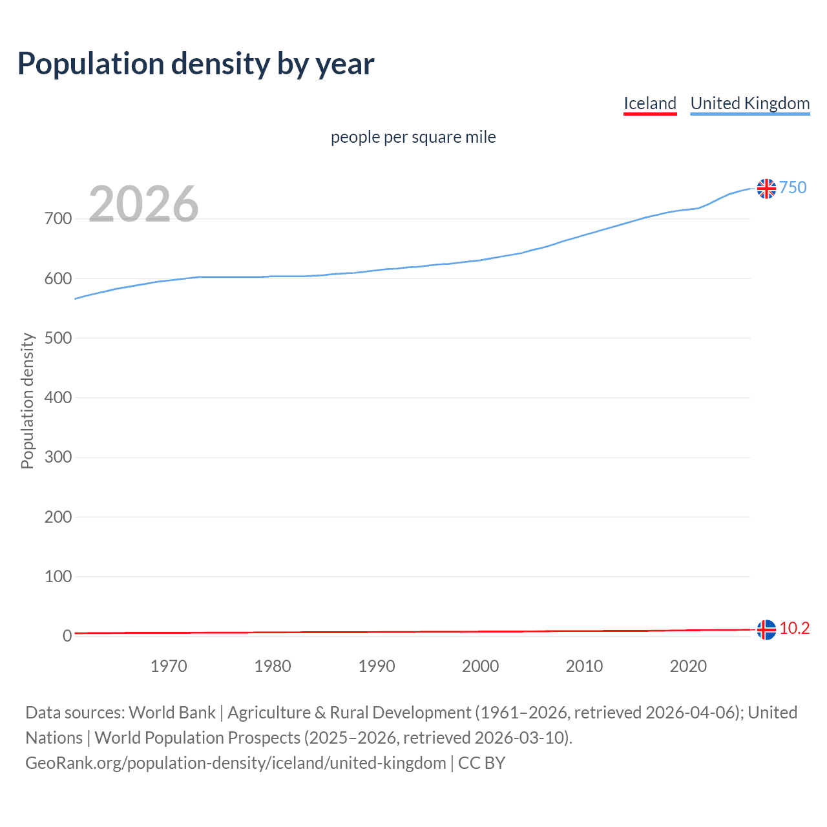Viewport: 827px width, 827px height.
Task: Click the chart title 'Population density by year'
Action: [196, 64]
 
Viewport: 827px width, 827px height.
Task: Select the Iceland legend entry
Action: [649, 103]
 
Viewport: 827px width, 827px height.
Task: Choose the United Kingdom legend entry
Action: [749, 103]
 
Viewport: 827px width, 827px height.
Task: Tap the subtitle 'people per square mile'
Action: [413, 137]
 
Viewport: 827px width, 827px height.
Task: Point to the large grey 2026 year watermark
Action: [143, 204]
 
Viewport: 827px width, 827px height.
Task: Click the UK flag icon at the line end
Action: [766, 188]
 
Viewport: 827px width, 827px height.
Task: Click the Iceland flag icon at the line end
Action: [766, 629]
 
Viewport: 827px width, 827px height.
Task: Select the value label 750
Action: [793, 187]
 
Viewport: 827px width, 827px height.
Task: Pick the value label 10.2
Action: [794, 628]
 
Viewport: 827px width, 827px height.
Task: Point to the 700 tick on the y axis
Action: [58, 219]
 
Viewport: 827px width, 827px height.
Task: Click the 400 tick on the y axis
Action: [58, 397]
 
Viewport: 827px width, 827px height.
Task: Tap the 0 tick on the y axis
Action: [67, 636]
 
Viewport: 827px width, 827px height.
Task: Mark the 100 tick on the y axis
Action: [58, 576]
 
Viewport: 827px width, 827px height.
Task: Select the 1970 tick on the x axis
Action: [169, 666]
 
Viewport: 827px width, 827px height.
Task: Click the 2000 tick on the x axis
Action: [480, 666]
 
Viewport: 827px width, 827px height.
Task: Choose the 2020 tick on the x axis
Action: [688, 666]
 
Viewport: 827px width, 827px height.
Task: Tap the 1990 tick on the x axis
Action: [376, 666]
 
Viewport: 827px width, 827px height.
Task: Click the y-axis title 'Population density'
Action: [27, 401]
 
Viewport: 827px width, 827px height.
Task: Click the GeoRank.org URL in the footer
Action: [235, 763]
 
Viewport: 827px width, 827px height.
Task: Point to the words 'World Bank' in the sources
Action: [172, 713]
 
